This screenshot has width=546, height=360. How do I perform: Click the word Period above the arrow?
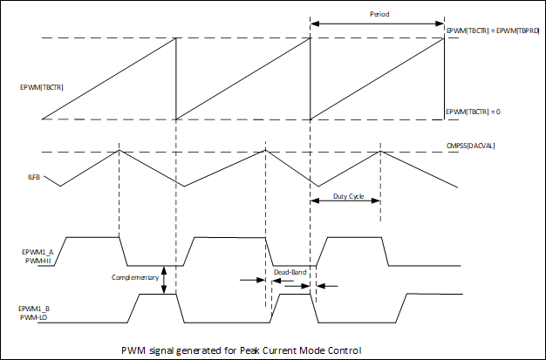378,14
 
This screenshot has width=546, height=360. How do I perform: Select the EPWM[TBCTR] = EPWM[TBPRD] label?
493,31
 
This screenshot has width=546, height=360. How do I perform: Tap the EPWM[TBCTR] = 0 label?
476,112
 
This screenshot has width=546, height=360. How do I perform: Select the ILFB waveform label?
34,180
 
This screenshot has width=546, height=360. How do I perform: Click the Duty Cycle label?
349,197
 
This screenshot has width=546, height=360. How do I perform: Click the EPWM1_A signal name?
38,251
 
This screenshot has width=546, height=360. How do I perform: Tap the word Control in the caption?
342,350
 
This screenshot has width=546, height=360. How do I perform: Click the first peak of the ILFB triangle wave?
119,152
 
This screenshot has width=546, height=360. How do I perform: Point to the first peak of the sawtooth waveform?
175,38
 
